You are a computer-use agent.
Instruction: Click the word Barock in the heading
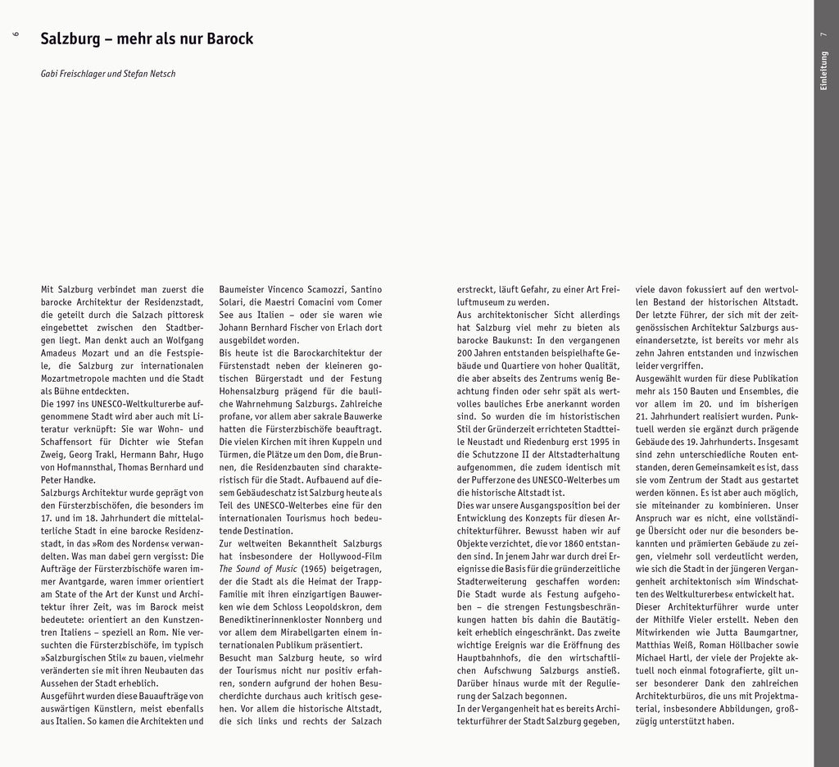230,39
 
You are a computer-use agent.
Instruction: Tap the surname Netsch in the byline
161,74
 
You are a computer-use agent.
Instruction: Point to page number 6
16,34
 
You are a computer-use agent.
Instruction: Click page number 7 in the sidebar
825,34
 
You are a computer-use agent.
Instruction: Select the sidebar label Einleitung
825,70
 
